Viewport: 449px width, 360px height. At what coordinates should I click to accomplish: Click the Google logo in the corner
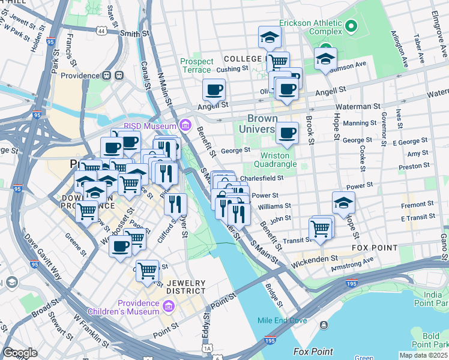[20, 353]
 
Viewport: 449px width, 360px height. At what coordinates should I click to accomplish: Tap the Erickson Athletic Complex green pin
[351, 26]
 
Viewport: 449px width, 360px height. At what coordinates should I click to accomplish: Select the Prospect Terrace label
[196, 65]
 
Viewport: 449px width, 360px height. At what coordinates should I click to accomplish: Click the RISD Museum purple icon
[185, 126]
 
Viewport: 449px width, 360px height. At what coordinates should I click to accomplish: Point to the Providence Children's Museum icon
[168, 307]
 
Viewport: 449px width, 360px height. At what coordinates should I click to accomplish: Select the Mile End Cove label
[282, 320]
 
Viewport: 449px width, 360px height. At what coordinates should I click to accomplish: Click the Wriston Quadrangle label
[276, 160]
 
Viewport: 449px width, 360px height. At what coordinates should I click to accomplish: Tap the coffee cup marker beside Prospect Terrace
[214, 91]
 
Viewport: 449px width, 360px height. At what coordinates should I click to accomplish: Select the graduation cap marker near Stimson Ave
[325, 59]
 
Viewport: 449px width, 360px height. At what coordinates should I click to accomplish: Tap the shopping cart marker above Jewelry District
[147, 271]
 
